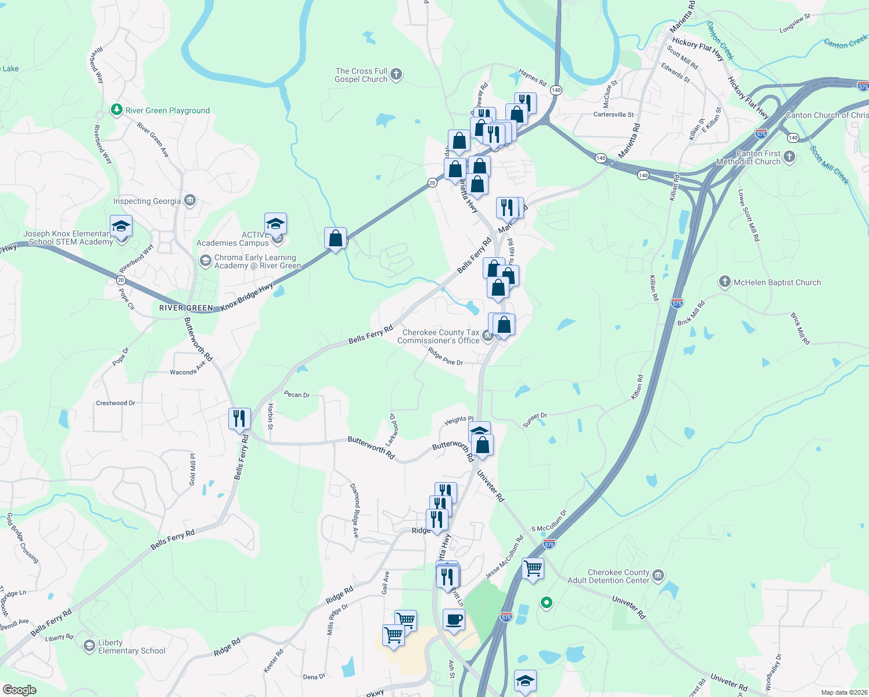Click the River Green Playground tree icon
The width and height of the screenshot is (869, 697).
pyautogui.click(x=117, y=110)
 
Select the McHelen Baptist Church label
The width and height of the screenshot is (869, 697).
pyautogui.click(x=777, y=282)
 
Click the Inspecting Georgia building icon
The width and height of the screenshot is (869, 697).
pyautogui.click(x=190, y=201)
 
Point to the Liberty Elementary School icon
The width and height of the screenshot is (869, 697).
pyautogui.click(x=89, y=646)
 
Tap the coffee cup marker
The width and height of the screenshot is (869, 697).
pyautogui.click(x=453, y=619)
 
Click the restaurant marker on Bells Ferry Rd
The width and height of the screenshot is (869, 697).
pyautogui.click(x=239, y=418)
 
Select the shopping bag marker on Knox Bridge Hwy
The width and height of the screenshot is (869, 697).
pyautogui.click(x=335, y=238)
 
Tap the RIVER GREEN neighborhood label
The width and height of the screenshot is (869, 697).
pyautogui.click(x=186, y=308)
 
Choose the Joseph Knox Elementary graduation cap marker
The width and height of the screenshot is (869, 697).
pyautogui.click(x=121, y=227)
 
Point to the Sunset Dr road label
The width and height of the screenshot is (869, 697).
pyautogui.click(x=535, y=420)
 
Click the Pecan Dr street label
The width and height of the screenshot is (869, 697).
pyautogui.click(x=297, y=394)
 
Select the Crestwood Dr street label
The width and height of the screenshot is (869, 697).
pyautogui.click(x=116, y=403)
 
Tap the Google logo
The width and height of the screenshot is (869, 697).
pyautogui.click(x=19, y=690)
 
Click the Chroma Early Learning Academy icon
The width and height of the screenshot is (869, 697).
pyautogui.click(x=205, y=261)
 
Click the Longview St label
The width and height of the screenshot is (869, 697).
pyautogui.click(x=795, y=23)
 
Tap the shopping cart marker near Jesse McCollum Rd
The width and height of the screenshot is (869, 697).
pyautogui.click(x=533, y=567)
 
